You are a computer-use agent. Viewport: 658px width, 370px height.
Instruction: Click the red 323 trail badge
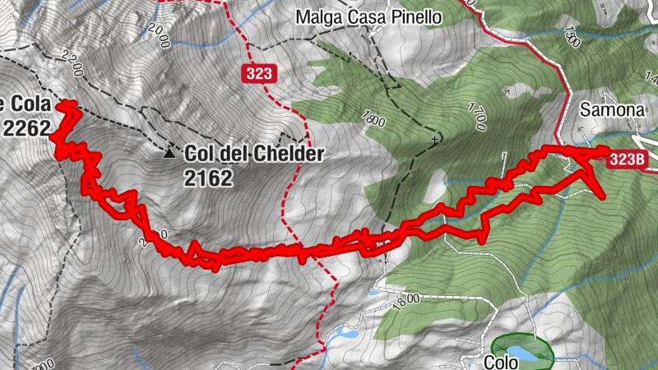click(x=258, y=74)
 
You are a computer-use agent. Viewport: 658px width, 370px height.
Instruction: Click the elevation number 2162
click(x=209, y=178)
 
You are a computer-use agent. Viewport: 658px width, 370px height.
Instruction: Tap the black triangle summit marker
click(x=169, y=153)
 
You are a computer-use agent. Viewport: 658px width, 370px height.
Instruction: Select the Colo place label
click(x=501, y=361)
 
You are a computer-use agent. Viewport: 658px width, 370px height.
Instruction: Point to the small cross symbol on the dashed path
click(x=433, y=141)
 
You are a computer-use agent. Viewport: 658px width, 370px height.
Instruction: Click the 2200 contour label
click(x=72, y=60)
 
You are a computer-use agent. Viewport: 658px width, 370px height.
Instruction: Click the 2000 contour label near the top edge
click(x=160, y=35)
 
